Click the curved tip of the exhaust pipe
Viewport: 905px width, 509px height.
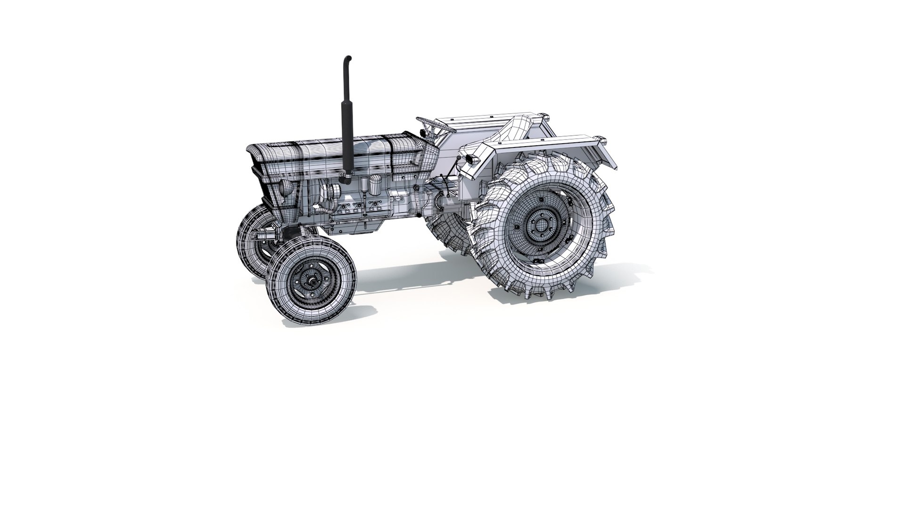tap(348, 59)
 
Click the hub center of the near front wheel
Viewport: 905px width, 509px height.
tap(310, 281)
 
